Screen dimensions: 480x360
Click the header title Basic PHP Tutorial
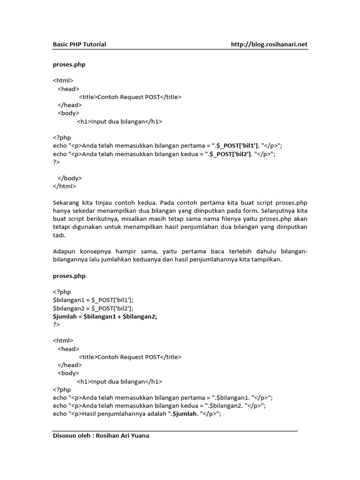(x=79, y=45)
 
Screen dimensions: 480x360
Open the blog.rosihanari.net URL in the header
(x=269, y=45)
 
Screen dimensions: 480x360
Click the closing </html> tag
(x=64, y=186)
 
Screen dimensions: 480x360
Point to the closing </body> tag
(x=70, y=178)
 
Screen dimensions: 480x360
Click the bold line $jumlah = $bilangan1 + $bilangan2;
(x=105, y=316)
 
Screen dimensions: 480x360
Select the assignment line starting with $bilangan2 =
(x=93, y=308)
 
